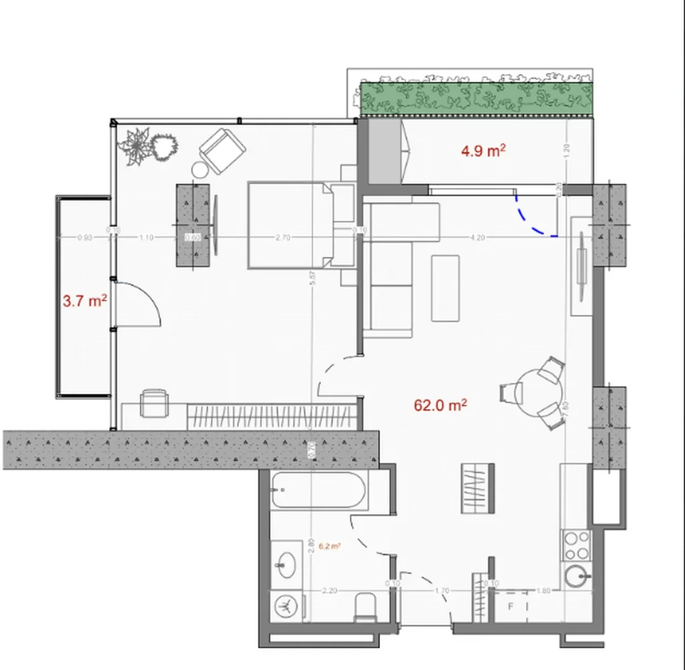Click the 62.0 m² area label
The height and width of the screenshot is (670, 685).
[x=439, y=405]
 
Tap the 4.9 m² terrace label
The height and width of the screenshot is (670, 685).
[x=482, y=151]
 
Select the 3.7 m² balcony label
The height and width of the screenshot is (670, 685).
[x=85, y=301]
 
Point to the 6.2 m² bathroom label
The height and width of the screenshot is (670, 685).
[x=329, y=546]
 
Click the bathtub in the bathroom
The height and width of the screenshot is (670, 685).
[x=318, y=492]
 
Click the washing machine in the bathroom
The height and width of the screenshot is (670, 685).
[x=286, y=606]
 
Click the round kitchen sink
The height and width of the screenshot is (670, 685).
[x=576, y=575]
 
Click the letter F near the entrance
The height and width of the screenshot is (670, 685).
[x=510, y=607]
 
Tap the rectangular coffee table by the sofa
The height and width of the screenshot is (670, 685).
[x=445, y=288]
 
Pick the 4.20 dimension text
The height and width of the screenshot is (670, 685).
[x=477, y=237]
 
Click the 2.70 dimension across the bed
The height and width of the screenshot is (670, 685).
[x=283, y=237]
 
